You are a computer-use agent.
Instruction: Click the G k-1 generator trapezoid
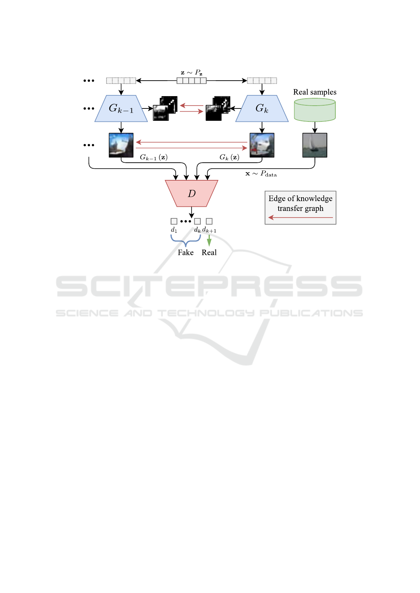click(121, 108)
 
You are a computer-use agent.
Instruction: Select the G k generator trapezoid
click(262, 108)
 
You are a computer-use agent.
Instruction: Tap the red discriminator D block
click(191, 193)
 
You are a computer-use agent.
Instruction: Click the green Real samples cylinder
click(315, 110)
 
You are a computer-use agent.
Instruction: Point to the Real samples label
click(315, 92)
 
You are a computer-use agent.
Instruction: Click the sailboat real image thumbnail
click(315, 145)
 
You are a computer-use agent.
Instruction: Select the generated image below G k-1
click(121, 145)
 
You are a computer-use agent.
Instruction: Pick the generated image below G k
click(262, 145)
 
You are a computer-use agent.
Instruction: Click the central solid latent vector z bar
click(191, 81)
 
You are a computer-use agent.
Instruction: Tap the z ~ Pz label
click(191, 73)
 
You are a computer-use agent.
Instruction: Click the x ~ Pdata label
click(261, 174)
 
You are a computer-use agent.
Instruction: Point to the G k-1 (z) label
click(153, 157)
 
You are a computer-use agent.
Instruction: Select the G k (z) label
click(229, 157)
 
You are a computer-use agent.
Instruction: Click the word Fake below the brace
click(185, 252)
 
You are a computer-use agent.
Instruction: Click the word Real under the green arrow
click(209, 252)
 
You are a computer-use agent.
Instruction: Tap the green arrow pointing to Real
click(209, 241)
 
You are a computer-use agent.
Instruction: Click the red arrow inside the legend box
click(300, 218)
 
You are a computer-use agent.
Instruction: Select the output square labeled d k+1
click(209, 221)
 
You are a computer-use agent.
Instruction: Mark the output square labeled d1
click(174, 221)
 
